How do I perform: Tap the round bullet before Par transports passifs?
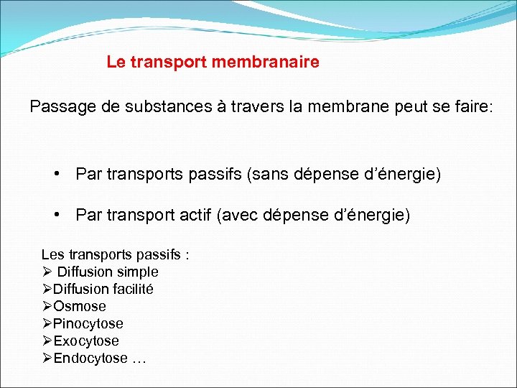(57, 174)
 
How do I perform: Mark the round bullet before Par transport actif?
(57, 214)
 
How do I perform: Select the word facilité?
(131, 290)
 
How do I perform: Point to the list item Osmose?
(79, 307)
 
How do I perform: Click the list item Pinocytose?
(88, 324)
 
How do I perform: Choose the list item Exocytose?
(86, 341)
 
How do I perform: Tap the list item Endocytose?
(90, 359)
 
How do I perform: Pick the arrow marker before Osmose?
(47, 307)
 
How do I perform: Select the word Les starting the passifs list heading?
(52, 254)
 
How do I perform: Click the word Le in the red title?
(114, 63)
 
